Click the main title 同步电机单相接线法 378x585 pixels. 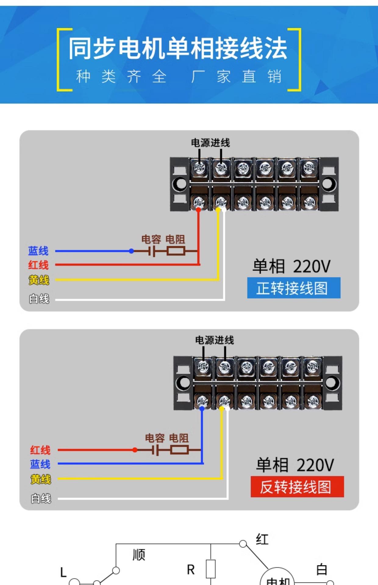(x=178, y=48)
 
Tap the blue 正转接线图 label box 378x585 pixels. (x=294, y=288)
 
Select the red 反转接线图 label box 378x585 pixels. (x=297, y=487)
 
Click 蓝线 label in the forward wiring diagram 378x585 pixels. (x=38, y=251)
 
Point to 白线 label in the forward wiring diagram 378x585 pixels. (x=39, y=299)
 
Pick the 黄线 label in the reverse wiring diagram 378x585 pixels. (x=41, y=479)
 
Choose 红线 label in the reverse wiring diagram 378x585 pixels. (x=40, y=450)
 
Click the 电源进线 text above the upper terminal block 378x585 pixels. (x=210, y=143)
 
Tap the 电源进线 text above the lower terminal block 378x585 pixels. (x=214, y=340)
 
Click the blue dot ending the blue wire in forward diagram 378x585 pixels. (x=131, y=251)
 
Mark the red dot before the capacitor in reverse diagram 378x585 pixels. (x=135, y=450)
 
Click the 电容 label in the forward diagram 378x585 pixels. (x=151, y=239)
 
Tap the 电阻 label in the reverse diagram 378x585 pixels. (x=179, y=438)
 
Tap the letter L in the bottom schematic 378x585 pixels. (x=63, y=572)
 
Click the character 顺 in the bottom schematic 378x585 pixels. (x=139, y=555)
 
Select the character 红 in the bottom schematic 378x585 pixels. (x=262, y=539)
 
